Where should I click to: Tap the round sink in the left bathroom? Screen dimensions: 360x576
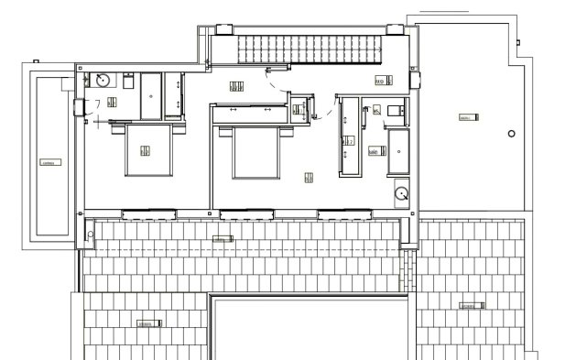104,80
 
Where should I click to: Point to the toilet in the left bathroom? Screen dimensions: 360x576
128,82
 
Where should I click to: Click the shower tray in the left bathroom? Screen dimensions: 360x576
152,94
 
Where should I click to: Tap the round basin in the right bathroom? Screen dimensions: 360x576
401,192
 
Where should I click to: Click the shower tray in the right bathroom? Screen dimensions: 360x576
400,152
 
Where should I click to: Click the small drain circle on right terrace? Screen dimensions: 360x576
511,135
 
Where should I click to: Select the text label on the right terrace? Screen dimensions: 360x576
465,118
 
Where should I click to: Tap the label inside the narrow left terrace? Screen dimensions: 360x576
50,163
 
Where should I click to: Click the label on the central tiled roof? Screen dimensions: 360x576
223,239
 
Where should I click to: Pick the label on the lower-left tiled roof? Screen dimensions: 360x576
147,323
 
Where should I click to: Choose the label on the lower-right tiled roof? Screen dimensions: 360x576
470,305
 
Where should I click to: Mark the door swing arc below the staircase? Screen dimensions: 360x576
275,82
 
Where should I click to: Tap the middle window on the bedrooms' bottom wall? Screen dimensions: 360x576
247,214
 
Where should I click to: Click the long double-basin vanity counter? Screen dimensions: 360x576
348,138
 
